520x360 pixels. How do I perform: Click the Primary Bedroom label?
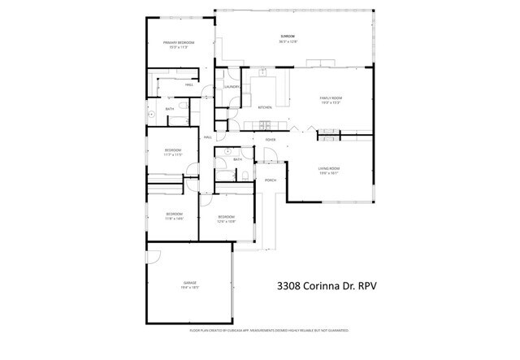(176, 42)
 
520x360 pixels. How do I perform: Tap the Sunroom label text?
(288, 37)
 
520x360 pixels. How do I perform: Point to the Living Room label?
(328, 169)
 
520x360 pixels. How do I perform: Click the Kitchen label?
(264, 107)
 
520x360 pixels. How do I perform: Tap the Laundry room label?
(231, 86)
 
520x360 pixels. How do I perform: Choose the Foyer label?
(271, 140)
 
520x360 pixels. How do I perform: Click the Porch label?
(271, 180)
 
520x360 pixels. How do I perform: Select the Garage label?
(189, 283)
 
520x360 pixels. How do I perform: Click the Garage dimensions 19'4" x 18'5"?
(189, 288)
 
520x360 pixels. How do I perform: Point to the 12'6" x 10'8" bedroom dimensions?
(226, 221)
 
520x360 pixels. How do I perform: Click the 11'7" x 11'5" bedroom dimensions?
(173, 154)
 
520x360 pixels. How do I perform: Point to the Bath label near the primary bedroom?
(170, 109)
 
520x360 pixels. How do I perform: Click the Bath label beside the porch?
(237, 159)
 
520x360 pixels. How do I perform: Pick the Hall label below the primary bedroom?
(188, 85)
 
